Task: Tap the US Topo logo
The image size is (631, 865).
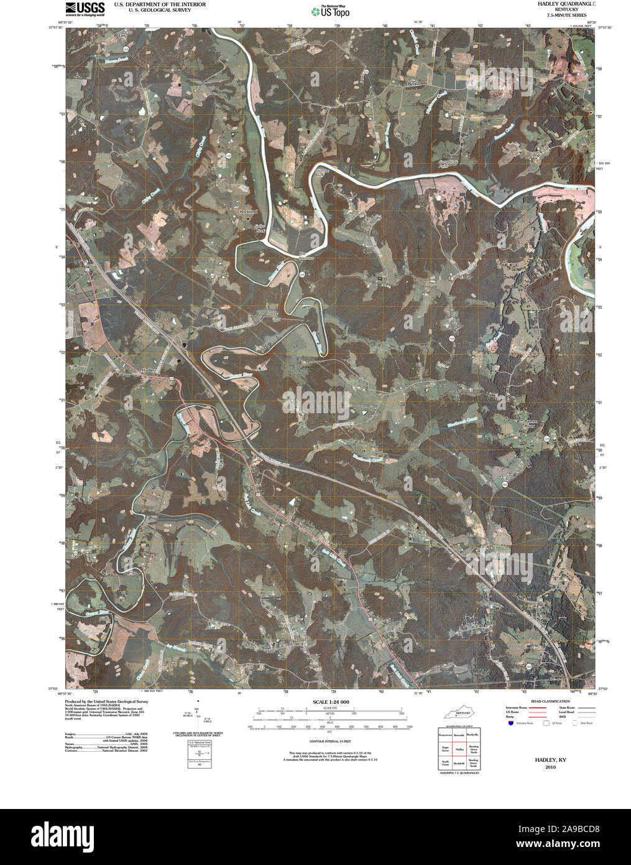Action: [x=331, y=11]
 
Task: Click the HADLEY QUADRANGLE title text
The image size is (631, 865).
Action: [x=558, y=4]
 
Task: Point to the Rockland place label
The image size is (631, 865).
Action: [x=248, y=212]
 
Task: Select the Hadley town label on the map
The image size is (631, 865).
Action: [x=149, y=370]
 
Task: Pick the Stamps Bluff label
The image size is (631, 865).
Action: [x=321, y=173]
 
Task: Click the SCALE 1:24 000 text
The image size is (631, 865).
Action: [x=330, y=702]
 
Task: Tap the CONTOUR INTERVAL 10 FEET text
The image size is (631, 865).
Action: [x=330, y=742]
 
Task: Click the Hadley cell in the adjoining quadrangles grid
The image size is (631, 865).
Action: [x=459, y=750]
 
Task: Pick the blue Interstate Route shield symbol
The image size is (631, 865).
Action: [x=510, y=724]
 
